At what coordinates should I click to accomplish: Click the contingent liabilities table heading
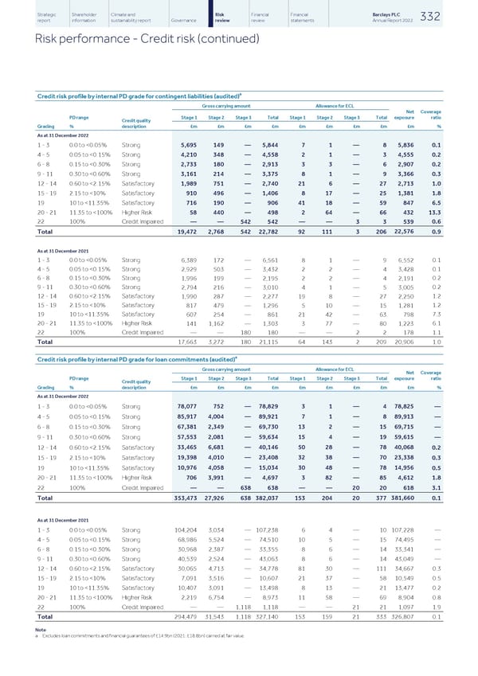pyautogui.click(x=124, y=96)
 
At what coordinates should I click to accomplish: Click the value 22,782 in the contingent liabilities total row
pyautogui.click(x=282, y=232)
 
